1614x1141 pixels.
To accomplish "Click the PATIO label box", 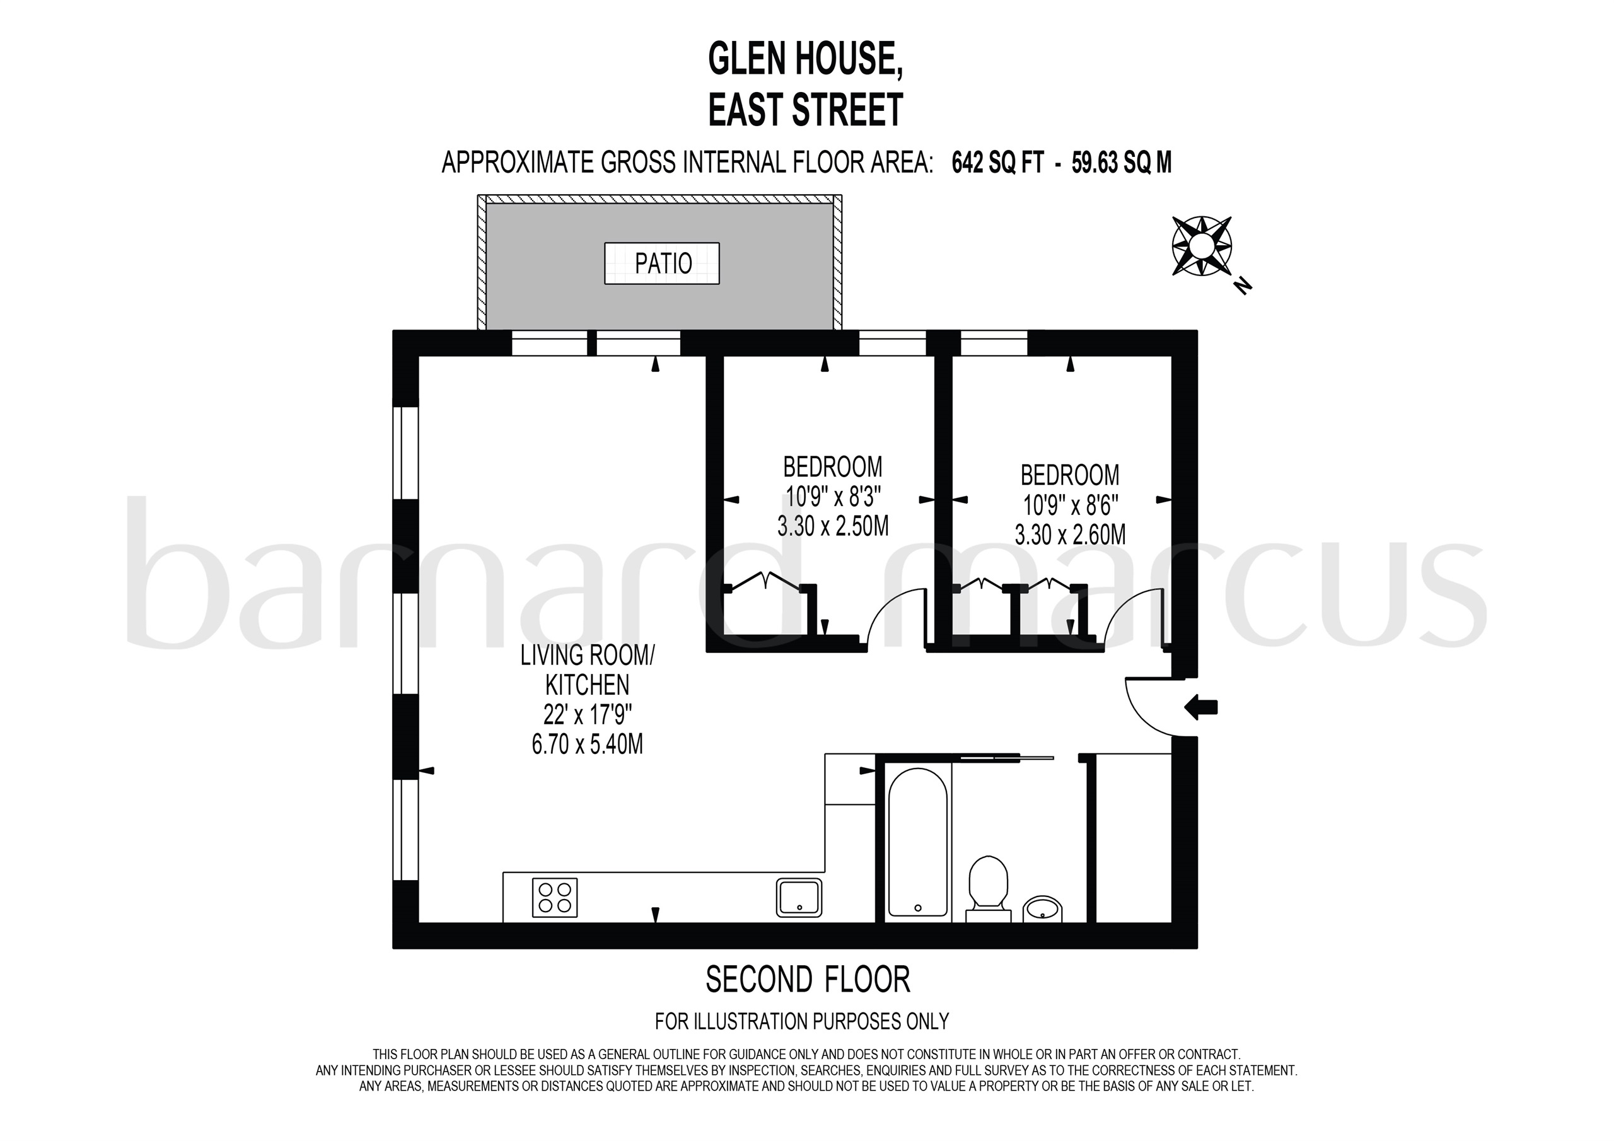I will point(661,263).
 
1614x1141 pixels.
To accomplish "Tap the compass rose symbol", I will point(1202,245).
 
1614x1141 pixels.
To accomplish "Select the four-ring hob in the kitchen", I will point(555,897).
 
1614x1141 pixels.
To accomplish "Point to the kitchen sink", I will point(799,898).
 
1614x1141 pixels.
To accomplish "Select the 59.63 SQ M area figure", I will point(1122,163).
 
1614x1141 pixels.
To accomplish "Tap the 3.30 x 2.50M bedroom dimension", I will point(833,526).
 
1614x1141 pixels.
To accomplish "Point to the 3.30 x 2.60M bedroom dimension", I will point(1070,535).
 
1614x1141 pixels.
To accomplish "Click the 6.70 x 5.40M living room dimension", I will point(587,744).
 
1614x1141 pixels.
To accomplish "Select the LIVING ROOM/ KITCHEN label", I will point(587,669).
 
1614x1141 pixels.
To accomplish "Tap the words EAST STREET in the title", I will point(806,110).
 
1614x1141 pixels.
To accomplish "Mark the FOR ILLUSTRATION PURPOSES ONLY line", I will point(801,1021).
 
